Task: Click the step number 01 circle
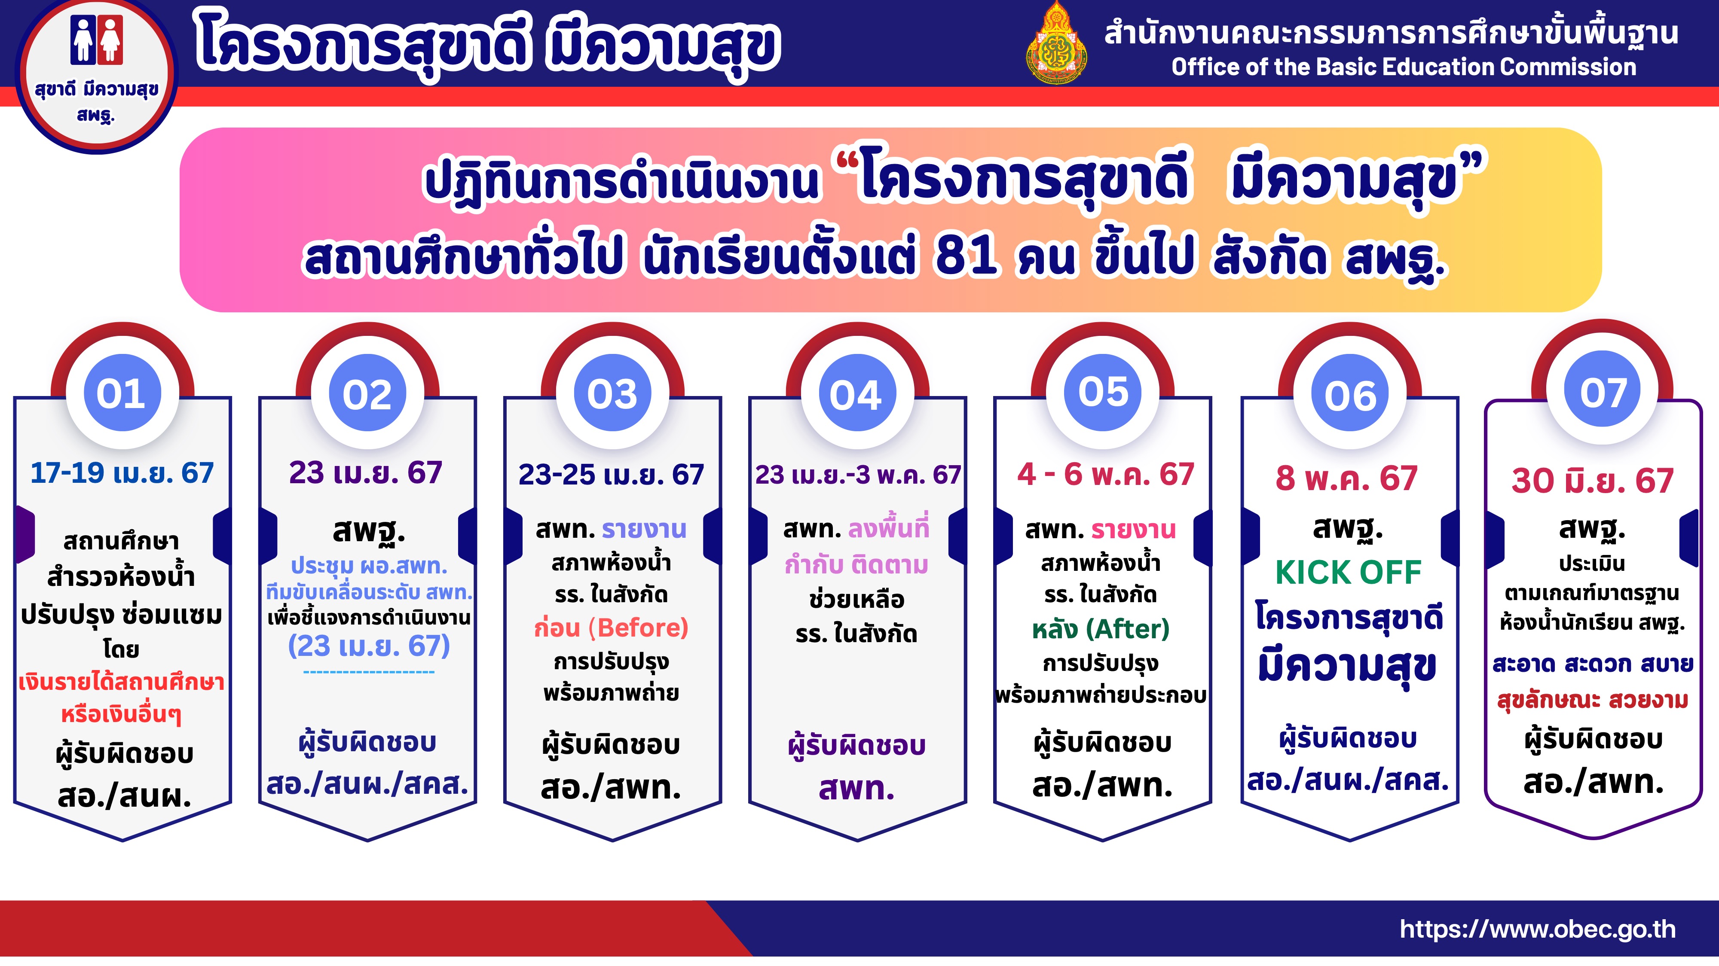coord(122,393)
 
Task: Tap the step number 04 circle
coord(857,393)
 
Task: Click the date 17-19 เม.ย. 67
coord(122,473)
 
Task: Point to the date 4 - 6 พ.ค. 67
coord(1105,474)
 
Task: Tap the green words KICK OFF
coord(1349,573)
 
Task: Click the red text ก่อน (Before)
coord(611,628)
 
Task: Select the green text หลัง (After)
coord(1101,629)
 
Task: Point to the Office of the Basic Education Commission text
coord(1404,67)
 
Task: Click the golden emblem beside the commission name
coord(1056,43)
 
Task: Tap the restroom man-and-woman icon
coord(97,40)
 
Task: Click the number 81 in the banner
coord(967,257)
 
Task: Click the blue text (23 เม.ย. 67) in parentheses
coord(369,646)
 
